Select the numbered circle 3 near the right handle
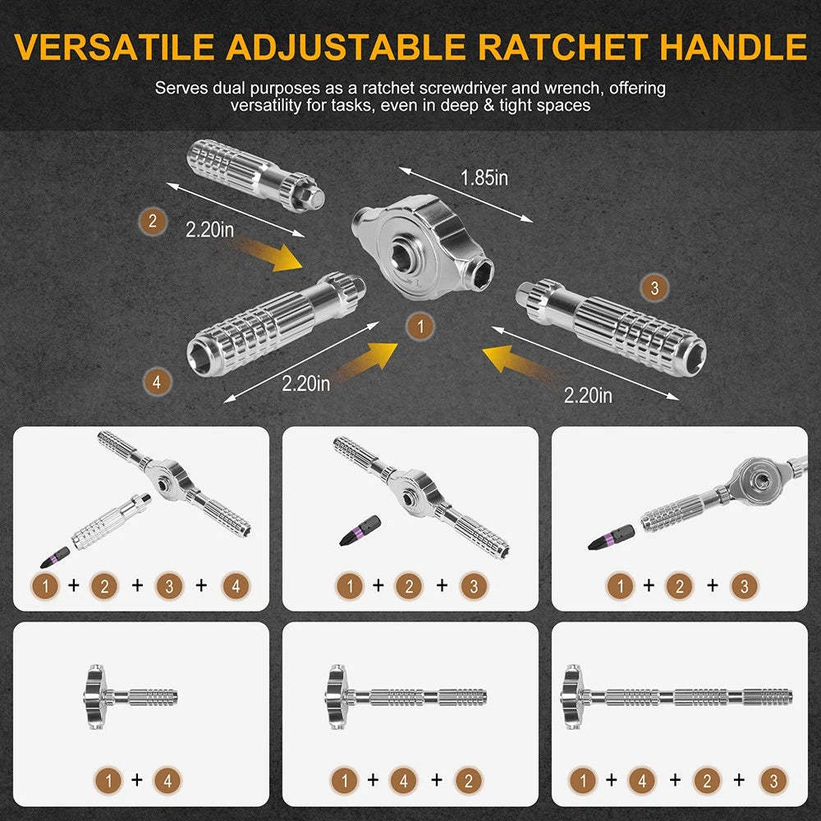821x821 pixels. (x=654, y=287)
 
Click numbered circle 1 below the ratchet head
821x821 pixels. (x=420, y=327)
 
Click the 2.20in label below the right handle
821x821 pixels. (x=588, y=396)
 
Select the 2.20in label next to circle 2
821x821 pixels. (x=209, y=231)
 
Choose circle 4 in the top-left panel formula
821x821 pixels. (x=236, y=586)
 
